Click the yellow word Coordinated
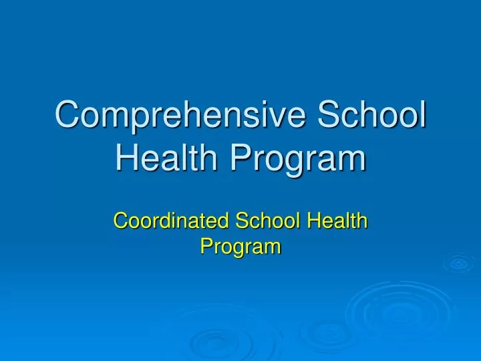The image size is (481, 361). click(x=163, y=220)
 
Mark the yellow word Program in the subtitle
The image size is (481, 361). click(x=240, y=247)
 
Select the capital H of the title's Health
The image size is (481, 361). click(x=127, y=159)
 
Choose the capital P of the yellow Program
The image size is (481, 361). click(x=206, y=247)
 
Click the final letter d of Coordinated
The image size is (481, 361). click(x=207, y=220)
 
